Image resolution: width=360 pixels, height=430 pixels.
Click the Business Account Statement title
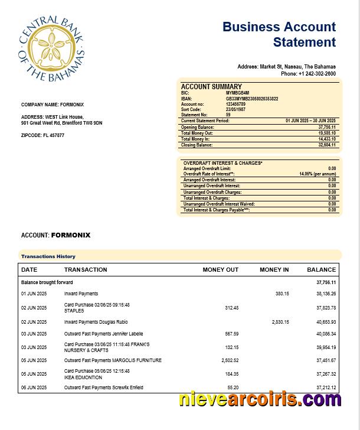[279, 34]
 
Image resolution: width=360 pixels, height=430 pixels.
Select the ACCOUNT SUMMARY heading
[211, 87]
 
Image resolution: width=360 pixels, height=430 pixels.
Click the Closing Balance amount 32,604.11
[326, 145]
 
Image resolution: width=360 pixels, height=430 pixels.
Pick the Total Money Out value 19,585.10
[326, 133]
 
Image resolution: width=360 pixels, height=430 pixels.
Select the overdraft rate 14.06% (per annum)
[318, 174]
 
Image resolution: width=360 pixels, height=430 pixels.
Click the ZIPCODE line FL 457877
[42, 136]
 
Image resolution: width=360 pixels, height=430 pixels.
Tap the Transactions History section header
[48, 256]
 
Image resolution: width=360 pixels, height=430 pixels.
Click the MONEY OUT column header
[220, 270]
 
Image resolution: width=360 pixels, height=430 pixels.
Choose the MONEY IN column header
[274, 270]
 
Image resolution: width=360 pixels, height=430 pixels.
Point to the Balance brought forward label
[47, 282]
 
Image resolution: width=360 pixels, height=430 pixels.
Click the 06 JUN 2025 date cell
[34, 387]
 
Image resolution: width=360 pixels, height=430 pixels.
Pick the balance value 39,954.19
[326, 347]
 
